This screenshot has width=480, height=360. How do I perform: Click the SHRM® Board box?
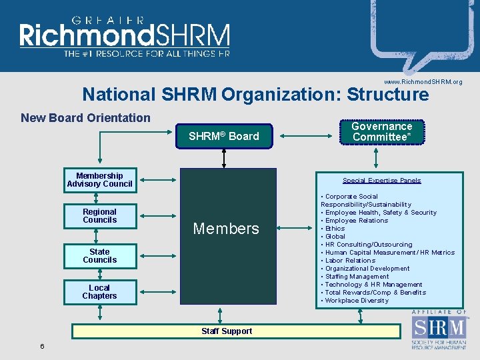(224, 136)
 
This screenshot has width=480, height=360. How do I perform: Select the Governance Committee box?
(382, 132)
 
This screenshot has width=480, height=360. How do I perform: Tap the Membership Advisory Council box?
(99, 180)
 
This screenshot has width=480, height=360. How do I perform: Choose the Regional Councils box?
(99, 216)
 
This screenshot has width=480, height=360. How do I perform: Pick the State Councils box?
(99, 256)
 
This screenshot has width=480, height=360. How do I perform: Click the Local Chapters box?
(99, 292)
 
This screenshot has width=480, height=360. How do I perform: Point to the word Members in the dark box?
(226, 229)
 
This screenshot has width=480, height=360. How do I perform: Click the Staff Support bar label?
(227, 331)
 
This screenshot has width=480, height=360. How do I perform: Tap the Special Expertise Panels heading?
(382, 181)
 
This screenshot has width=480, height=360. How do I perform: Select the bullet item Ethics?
(335, 229)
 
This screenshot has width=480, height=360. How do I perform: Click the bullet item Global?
(335, 237)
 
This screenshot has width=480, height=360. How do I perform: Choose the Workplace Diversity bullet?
(357, 301)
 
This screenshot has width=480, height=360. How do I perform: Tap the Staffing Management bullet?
(357, 277)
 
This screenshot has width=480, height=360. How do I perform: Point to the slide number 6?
(42, 346)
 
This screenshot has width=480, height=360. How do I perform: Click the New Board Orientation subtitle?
(85, 118)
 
